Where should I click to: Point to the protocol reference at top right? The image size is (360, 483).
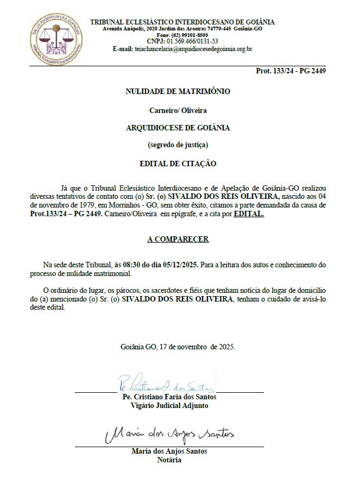(290, 71)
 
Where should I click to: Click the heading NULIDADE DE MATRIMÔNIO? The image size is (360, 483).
(178, 91)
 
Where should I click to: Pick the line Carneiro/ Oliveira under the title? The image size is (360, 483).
(178, 110)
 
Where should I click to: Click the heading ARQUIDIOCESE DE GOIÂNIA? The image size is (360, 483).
(178, 128)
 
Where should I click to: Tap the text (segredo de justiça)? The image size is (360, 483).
(178, 145)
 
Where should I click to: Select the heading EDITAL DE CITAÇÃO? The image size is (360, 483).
(178, 163)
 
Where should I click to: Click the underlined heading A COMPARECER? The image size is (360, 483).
(178, 239)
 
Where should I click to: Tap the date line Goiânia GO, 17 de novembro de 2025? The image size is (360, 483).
(178, 347)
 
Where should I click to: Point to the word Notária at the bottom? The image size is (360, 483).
(169, 460)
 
